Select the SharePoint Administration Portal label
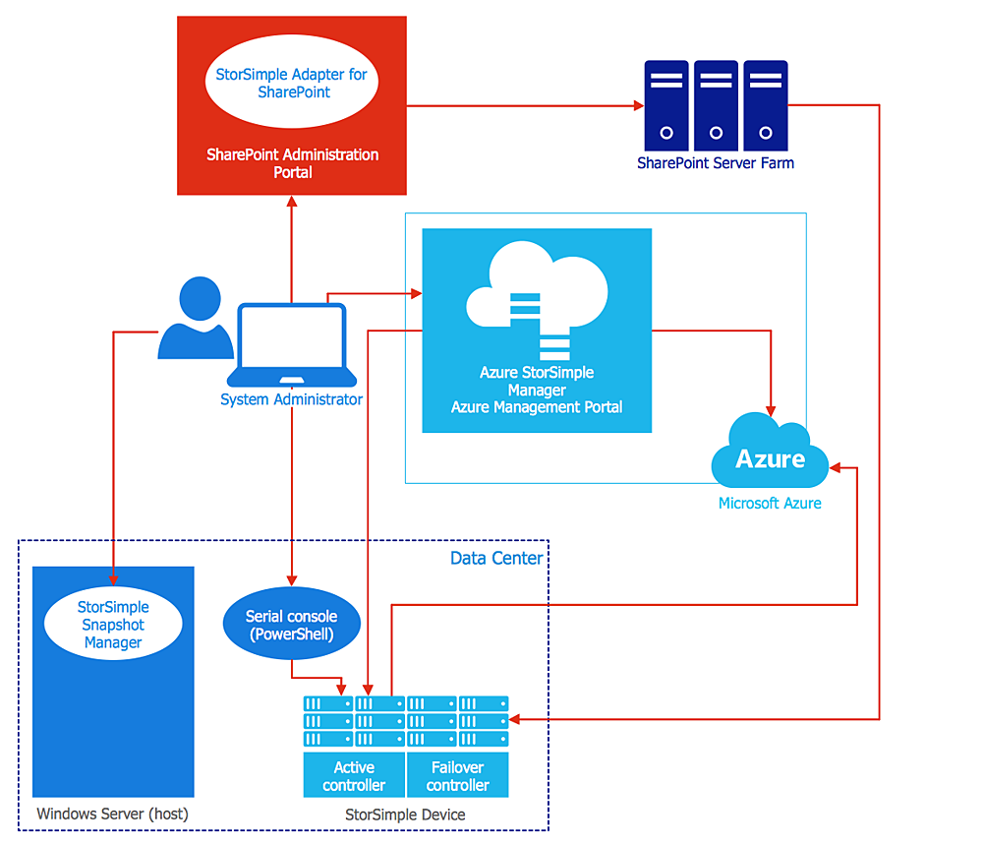292,163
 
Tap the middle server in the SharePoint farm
716,104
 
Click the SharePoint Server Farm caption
715,163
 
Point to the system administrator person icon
197,319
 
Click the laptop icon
292,346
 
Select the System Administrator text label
291,399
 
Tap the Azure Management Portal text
537,406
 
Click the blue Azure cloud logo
771,455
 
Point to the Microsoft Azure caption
770,503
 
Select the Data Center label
495,558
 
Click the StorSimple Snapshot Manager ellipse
113,625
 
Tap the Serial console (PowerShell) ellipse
291,625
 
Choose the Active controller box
354,775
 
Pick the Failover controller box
457,775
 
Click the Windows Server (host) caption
112,814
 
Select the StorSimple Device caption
405,815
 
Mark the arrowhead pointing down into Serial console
291,579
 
